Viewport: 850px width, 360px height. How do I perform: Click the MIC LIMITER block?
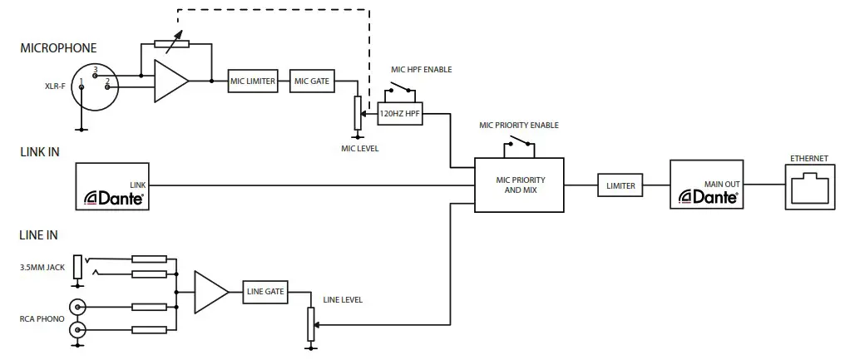click(x=254, y=81)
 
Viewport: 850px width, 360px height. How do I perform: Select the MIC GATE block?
click(x=313, y=81)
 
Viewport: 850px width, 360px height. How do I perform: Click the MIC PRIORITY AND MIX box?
click(x=519, y=185)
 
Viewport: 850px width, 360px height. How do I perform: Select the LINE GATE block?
click(x=265, y=292)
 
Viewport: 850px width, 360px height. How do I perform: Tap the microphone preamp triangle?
click(x=170, y=81)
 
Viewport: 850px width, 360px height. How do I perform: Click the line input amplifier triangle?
click(x=210, y=292)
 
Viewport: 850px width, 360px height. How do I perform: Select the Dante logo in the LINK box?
click(x=115, y=198)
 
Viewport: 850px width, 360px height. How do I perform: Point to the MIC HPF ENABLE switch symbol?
click(x=402, y=88)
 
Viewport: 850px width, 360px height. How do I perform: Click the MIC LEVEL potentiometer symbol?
click(x=357, y=114)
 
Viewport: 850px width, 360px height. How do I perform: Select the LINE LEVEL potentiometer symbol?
click(x=310, y=323)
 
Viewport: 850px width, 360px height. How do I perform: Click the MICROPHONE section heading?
click(x=58, y=48)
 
